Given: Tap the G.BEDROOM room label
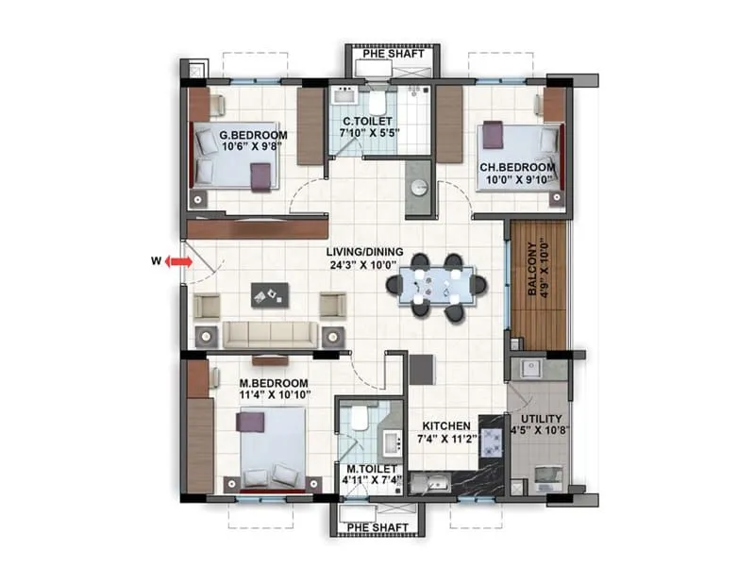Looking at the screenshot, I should click(x=246, y=135).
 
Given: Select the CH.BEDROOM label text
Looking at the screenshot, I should click(x=517, y=167).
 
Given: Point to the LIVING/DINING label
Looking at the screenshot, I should click(x=364, y=252).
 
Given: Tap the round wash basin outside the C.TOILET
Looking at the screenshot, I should click(x=419, y=187).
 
